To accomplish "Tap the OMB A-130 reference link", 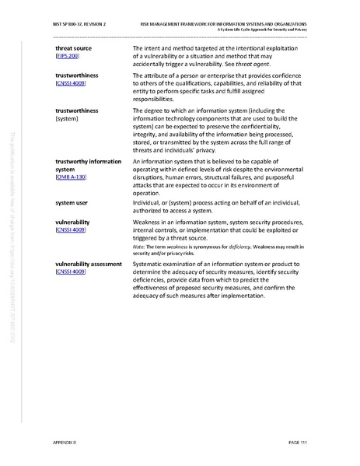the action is tap(72, 178).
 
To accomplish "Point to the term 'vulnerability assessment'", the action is tap(89, 264).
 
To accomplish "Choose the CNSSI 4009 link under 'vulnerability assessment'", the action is tap(71, 273).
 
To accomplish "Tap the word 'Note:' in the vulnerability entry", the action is tap(139, 245).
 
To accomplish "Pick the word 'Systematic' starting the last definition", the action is tap(151, 264).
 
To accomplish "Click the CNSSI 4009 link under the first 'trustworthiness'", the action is tap(71, 82).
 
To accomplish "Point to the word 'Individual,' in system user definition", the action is tap(149, 203).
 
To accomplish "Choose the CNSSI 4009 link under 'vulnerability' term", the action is tap(71, 230).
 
